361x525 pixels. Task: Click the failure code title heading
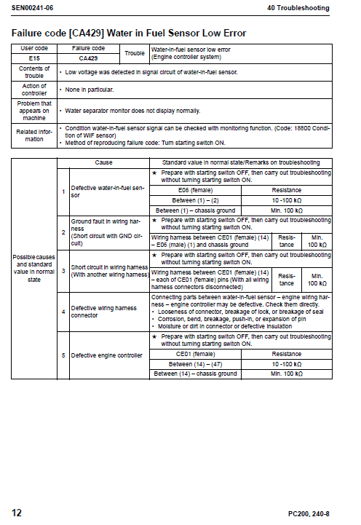click(x=129, y=33)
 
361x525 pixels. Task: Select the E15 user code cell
click(x=33, y=58)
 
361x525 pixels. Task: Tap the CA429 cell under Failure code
click(x=89, y=58)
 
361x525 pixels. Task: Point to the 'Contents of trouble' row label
click(x=33, y=72)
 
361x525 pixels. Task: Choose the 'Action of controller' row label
click(x=33, y=90)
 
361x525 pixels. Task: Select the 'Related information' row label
click(x=33, y=135)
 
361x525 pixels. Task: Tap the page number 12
click(x=16, y=513)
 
